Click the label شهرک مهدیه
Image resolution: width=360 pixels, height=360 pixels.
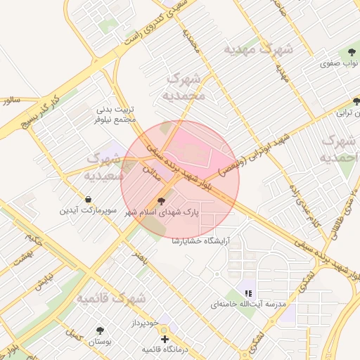click(258, 49)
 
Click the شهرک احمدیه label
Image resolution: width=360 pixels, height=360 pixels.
click(340, 149)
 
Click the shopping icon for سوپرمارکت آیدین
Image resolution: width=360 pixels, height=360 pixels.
click(87, 199)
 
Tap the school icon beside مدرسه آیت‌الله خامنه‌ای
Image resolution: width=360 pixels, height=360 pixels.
click(247, 293)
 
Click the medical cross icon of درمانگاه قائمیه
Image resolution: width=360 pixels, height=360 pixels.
click(165, 339)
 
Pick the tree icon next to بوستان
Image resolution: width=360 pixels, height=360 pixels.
click(99, 330)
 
